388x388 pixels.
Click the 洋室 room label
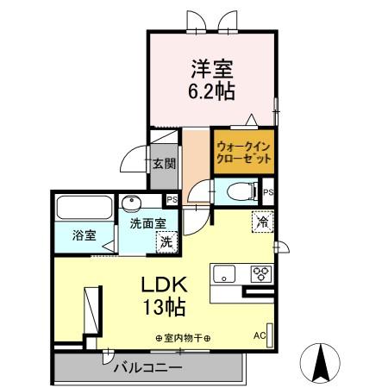[211, 67]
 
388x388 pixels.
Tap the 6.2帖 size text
[211, 89]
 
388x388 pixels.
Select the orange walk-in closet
[244, 153]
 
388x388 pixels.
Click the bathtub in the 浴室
[84, 210]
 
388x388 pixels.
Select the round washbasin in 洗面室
[131, 205]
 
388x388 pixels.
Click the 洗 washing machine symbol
[166, 242]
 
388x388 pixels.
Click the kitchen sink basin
[226, 275]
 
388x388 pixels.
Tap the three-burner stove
[260, 274]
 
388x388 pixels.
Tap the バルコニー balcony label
[147, 368]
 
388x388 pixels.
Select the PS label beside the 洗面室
[172, 201]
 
